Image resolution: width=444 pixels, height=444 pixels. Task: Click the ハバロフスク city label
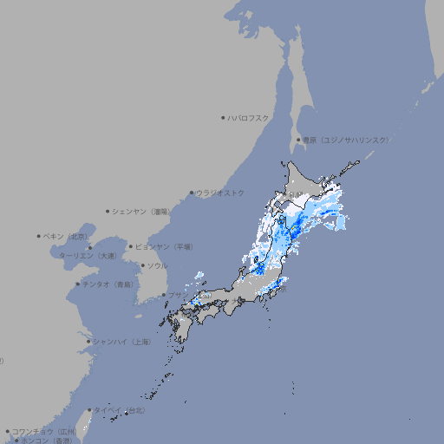tap(249, 118)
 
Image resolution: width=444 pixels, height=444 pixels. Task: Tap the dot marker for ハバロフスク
tap(224, 118)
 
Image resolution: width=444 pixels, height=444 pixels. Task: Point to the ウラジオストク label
tap(220, 193)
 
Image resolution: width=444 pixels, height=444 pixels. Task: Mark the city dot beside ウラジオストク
tap(193, 193)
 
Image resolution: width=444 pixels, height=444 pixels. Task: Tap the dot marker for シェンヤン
tap(108, 211)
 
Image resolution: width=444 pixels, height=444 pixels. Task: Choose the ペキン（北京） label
tap(67, 236)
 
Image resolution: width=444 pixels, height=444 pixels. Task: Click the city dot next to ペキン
tap(39, 236)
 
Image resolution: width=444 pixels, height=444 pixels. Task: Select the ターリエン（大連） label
tap(88, 257)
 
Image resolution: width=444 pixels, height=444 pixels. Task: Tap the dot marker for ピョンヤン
tap(132, 246)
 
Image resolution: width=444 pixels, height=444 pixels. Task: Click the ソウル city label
tap(157, 265)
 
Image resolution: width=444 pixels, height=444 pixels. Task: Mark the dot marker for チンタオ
tap(78, 284)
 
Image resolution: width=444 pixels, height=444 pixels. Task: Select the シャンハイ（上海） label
tap(121, 342)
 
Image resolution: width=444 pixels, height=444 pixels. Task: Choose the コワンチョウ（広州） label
tap(44, 431)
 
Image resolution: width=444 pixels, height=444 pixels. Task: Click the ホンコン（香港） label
tap(43, 441)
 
